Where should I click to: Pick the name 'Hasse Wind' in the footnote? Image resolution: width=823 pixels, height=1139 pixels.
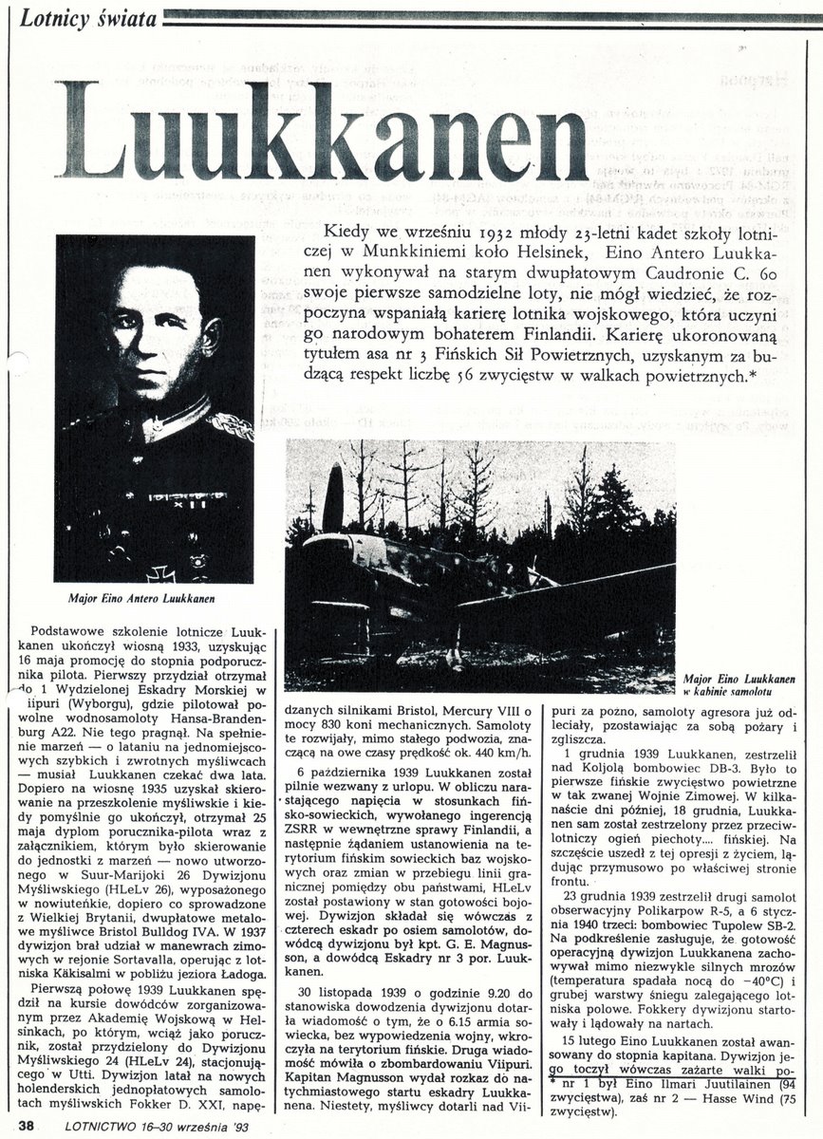[726, 1099]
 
